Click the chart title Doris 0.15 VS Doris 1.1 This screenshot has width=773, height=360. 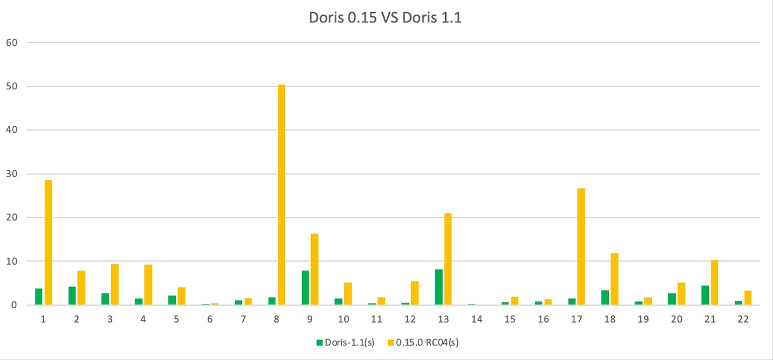coord(385,18)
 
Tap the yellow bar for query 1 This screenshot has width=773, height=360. coord(48,242)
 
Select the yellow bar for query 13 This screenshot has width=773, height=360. coord(448,259)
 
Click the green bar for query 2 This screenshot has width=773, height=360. coord(72,295)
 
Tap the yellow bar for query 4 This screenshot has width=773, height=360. coord(148,284)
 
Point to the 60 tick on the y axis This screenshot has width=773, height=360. coord(13,43)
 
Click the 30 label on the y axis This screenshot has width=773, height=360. coord(13,174)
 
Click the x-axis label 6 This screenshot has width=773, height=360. coord(210,320)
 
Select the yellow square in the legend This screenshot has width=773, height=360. coord(391,343)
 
